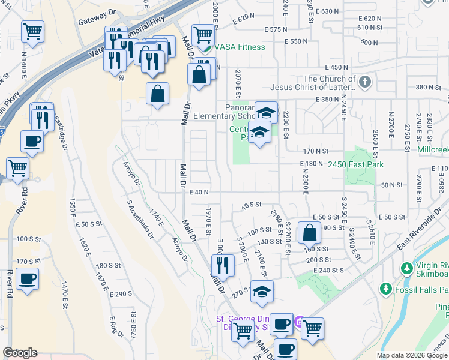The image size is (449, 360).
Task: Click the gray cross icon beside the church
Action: click(364, 81)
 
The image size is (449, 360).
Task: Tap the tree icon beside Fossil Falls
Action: click(385, 290)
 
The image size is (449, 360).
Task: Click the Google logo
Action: click(20, 353)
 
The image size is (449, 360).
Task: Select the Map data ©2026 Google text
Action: click(411, 355)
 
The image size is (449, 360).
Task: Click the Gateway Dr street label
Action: click(96, 21)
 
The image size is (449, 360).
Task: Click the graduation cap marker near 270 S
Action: click(261, 292)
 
